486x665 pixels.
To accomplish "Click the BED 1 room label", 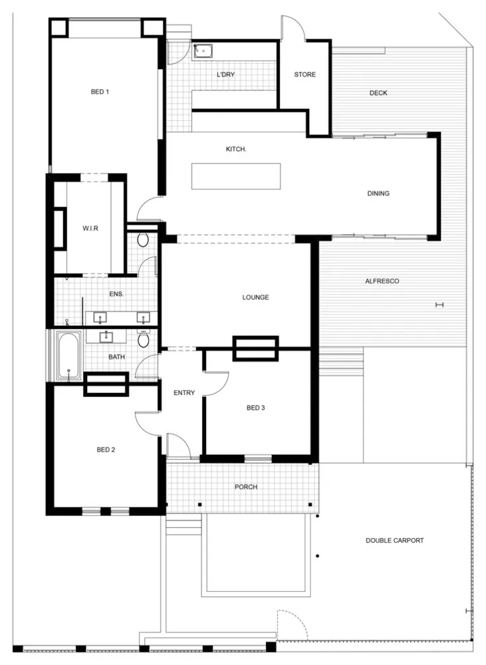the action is pyautogui.click(x=100, y=92).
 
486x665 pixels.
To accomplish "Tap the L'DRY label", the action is pyautogui.click(x=225, y=74).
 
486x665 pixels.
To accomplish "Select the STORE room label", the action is pyautogui.click(x=305, y=74).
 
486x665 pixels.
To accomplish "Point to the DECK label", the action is pyautogui.click(x=378, y=93).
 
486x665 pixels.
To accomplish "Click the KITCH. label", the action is pyautogui.click(x=236, y=149).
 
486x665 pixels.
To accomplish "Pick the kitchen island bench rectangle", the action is pyautogui.click(x=236, y=176).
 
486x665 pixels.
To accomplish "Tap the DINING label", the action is pyautogui.click(x=378, y=194).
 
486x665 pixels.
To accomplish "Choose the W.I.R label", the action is pyautogui.click(x=90, y=228).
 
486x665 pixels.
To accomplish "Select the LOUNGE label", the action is pyautogui.click(x=255, y=297).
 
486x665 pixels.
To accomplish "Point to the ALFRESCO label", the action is pyautogui.click(x=382, y=281).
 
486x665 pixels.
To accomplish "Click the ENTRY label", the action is pyautogui.click(x=184, y=393).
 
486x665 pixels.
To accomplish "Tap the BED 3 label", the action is pyautogui.click(x=256, y=408).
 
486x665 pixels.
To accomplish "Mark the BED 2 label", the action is pyautogui.click(x=106, y=450).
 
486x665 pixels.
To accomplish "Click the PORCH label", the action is pyautogui.click(x=246, y=487).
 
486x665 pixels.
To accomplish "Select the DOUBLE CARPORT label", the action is pyautogui.click(x=394, y=540).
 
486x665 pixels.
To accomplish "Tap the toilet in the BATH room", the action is pyautogui.click(x=144, y=338).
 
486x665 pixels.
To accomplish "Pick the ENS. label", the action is pyautogui.click(x=116, y=293).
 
